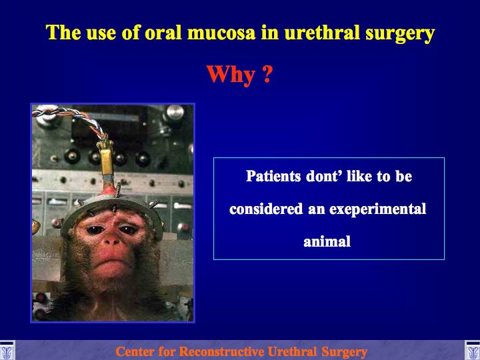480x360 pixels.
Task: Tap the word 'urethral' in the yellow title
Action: (x=322, y=32)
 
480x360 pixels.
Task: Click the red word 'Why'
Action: (x=231, y=75)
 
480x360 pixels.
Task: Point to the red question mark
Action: (x=267, y=74)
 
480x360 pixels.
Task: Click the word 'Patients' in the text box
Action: (x=273, y=176)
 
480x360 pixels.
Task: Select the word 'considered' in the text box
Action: (x=266, y=209)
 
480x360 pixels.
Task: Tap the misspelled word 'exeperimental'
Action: (x=378, y=210)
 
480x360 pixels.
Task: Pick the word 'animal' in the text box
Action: (x=327, y=241)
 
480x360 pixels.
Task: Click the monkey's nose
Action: (x=111, y=241)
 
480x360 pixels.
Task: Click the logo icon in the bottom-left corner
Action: (x=7, y=351)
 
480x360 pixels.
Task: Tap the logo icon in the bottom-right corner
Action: (x=473, y=351)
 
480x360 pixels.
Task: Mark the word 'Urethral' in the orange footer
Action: (x=292, y=351)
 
